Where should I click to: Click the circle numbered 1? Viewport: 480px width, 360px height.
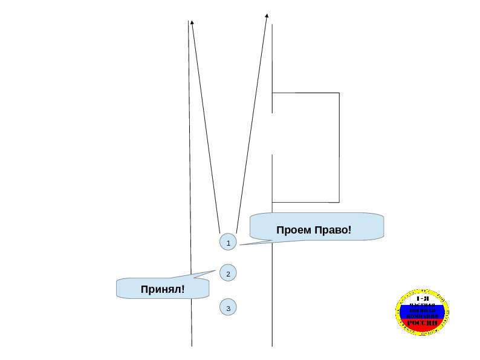[x=228, y=243]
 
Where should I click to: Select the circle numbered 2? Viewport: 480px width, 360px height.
[x=228, y=274]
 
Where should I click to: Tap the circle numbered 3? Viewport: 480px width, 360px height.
[x=228, y=308]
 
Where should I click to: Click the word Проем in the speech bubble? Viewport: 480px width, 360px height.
[x=294, y=230]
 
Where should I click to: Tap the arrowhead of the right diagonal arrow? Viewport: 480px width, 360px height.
[x=267, y=16]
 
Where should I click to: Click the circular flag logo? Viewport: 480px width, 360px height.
[x=422, y=312]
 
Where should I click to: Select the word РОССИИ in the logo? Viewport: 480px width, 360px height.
[x=422, y=323]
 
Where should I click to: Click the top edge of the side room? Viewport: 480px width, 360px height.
[x=305, y=93]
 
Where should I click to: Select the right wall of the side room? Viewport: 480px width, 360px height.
[x=339, y=147]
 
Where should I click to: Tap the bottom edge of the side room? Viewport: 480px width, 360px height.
[x=305, y=201]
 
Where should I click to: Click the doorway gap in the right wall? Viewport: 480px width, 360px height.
[x=273, y=133]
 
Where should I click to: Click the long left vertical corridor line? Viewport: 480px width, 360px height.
[x=190, y=182]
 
